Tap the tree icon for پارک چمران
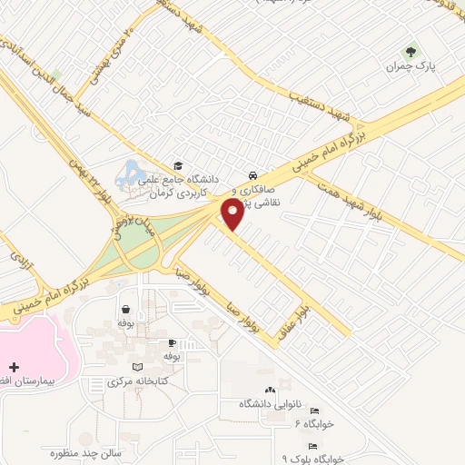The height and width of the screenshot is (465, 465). point(411,53)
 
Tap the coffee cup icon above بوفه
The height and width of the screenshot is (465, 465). point(172,343)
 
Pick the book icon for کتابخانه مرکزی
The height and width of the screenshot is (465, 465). point(137,367)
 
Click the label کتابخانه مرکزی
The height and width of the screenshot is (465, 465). point(127,381)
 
